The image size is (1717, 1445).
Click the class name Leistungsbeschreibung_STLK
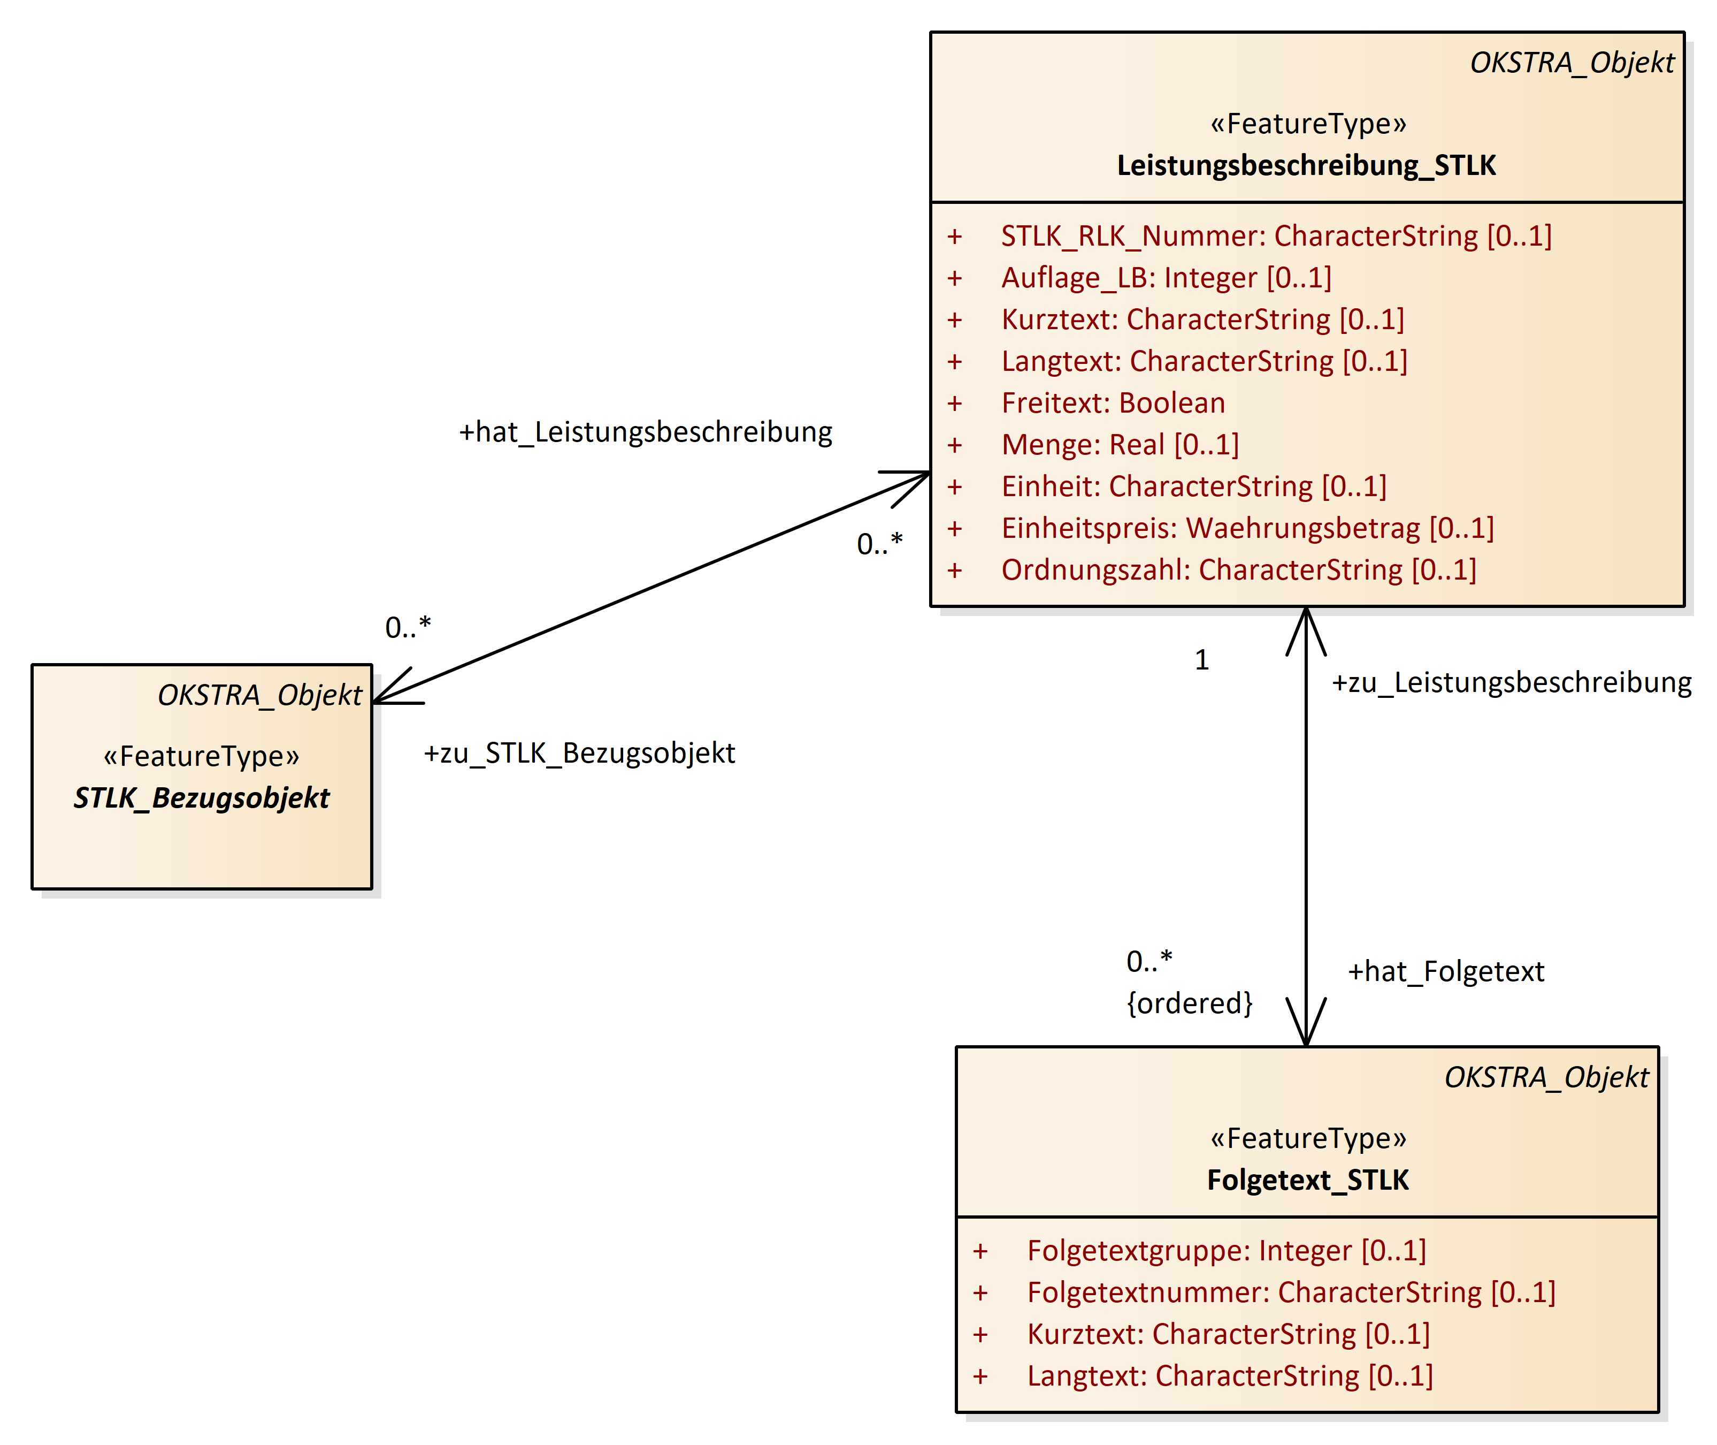pos(1306,165)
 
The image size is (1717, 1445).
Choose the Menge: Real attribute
pos(1120,445)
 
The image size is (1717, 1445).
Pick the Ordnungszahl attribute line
pos(1238,570)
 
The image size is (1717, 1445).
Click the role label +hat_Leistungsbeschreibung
pos(645,432)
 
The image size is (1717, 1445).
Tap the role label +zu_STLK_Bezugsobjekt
pos(579,753)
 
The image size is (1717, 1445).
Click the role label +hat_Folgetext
pos(1446,971)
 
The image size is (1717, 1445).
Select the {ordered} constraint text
pos(1190,1003)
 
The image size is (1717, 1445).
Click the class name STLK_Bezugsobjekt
pos(202,798)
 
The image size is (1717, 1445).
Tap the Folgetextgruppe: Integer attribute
pos(1226,1251)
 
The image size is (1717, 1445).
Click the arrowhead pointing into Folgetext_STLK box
pos(1306,1032)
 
